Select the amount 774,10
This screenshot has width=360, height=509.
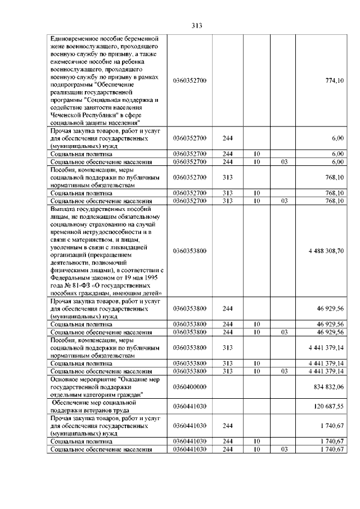(335, 80)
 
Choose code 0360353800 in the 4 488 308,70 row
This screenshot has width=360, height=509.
(190, 250)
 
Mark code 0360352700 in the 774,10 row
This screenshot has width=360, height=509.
(190, 80)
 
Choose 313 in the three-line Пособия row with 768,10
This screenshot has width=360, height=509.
(227, 177)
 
